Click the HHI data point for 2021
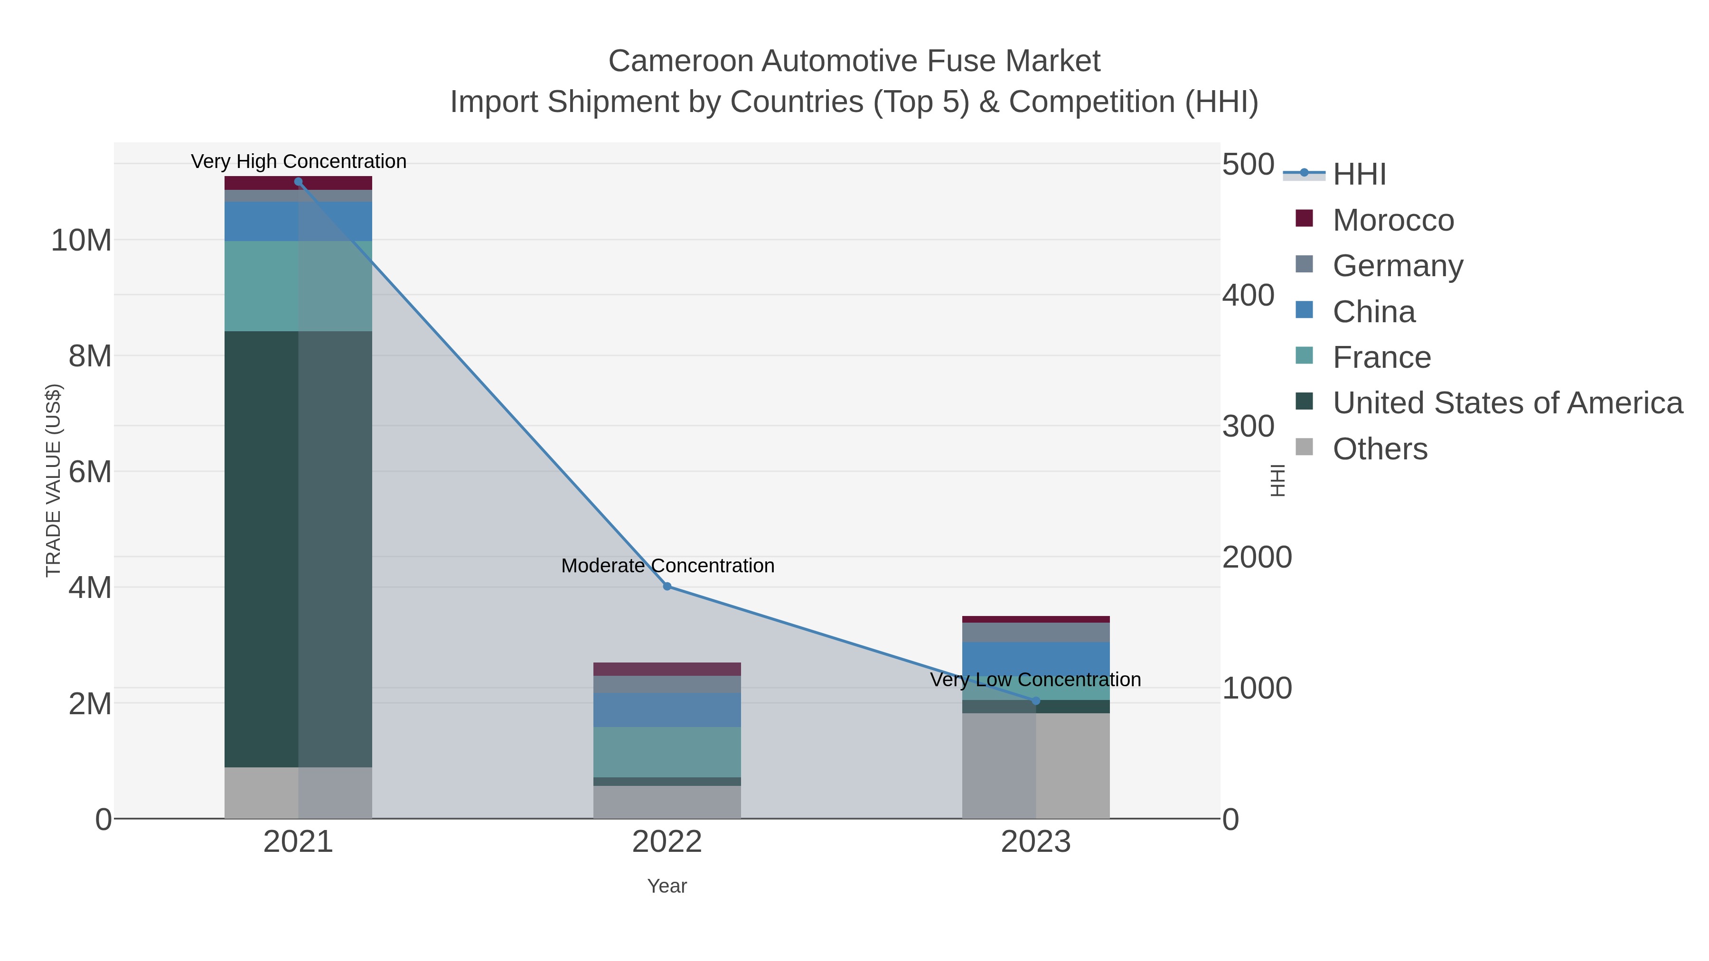coord(298,182)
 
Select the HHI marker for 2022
coord(667,586)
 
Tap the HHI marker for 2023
coord(1036,701)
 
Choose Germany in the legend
coord(1397,266)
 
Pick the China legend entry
coord(1373,312)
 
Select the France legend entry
coord(1381,357)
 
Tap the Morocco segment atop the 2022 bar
coord(667,669)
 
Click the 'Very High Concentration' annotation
coord(299,161)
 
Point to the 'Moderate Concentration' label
coord(667,566)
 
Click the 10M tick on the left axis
coord(81,240)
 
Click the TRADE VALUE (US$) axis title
coord(53,480)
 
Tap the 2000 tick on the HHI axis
coord(1257,557)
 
